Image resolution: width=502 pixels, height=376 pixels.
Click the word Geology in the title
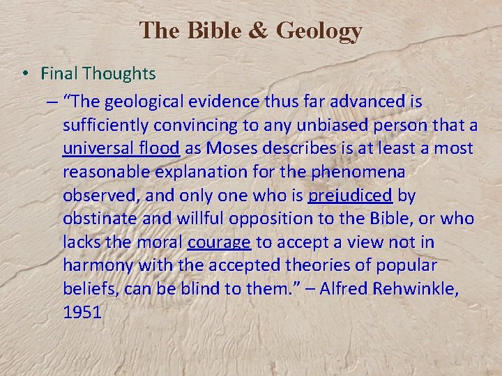319,31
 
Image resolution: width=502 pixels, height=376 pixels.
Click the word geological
152,101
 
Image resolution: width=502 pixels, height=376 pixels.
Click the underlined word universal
100,148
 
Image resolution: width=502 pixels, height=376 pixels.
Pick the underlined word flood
162,148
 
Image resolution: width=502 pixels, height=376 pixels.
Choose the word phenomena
367,171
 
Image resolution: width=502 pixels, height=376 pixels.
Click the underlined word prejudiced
351,195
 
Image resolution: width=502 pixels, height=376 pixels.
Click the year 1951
82,313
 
